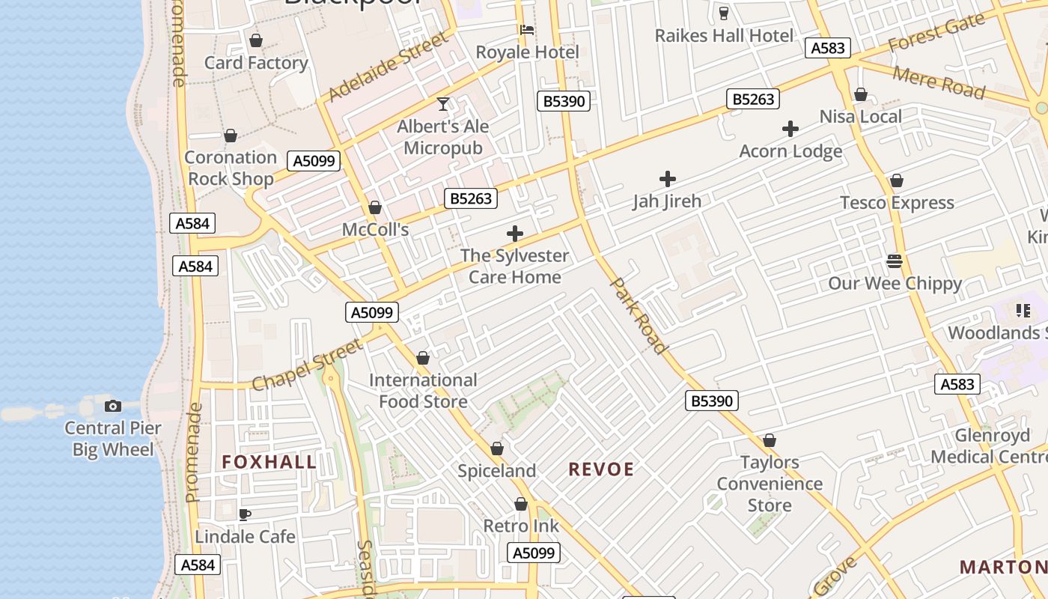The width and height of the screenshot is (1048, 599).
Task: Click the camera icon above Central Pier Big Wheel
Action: click(113, 406)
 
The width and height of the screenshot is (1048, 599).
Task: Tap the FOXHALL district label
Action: click(269, 462)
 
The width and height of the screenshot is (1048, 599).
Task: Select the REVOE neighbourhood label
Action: click(601, 469)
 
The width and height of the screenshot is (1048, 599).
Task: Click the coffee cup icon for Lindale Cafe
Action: click(244, 514)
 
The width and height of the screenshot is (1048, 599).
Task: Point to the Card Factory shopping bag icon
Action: click(256, 40)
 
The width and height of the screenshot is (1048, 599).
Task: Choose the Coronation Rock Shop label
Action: click(231, 168)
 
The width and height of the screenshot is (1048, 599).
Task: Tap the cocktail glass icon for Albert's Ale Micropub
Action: click(443, 103)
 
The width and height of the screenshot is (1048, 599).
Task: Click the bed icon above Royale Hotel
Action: click(527, 30)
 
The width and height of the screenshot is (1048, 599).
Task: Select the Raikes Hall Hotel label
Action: click(724, 35)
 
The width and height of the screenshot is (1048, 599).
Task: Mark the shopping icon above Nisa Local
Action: click(861, 95)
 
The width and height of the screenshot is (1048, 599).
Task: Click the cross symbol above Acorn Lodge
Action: click(790, 129)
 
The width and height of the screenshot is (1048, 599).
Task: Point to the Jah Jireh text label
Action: click(667, 201)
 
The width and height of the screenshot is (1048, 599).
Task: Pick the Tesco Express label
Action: click(897, 203)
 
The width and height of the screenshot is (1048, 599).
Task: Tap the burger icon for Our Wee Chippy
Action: click(895, 261)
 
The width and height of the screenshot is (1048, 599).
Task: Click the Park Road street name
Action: click(639, 315)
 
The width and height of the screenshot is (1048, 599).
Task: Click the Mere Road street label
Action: click(939, 82)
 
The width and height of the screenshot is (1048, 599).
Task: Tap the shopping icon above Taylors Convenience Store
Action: click(770, 440)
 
